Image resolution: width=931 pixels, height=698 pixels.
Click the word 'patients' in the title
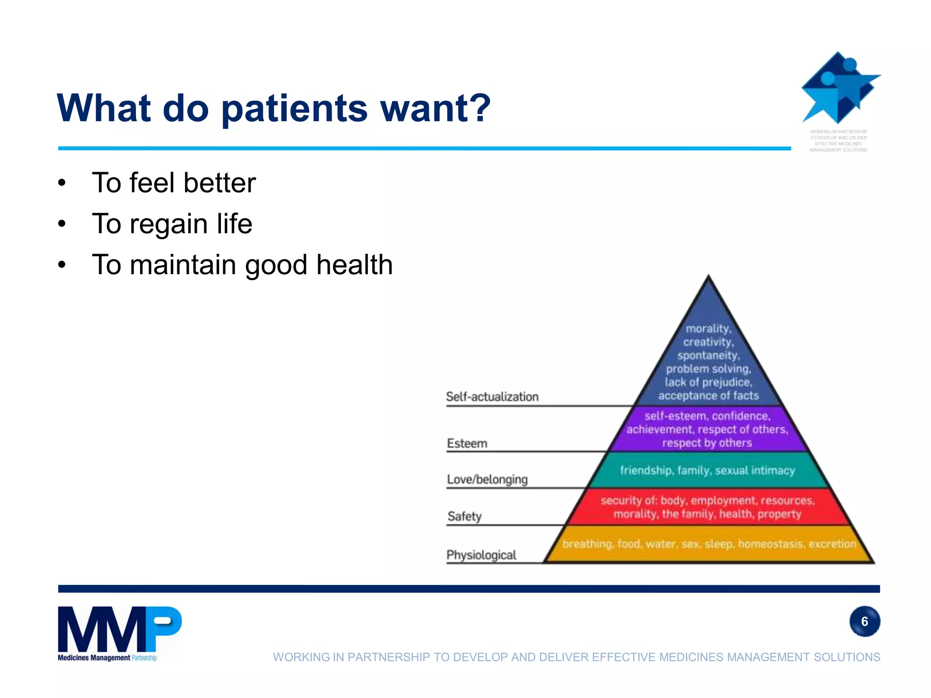click(x=294, y=109)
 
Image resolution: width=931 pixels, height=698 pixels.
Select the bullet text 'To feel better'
click(x=174, y=183)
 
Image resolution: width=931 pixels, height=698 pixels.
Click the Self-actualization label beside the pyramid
click(x=492, y=397)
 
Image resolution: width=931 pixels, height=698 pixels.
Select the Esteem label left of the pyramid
click(x=467, y=443)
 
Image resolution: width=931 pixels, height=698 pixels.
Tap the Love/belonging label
click(x=487, y=479)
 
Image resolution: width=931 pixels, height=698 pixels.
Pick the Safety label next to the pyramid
click(x=464, y=516)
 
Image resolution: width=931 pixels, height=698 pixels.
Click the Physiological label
click(x=481, y=555)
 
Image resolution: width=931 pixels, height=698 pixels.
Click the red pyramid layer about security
click(x=707, y=507)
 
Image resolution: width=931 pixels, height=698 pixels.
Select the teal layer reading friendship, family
click(x=707, y=470)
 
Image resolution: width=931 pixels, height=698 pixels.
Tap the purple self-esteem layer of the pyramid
click(x=707, y=429)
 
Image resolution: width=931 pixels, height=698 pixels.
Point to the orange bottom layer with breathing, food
click(x=708, y=544)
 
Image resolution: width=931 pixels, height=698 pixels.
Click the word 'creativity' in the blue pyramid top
click(x=707, y=342)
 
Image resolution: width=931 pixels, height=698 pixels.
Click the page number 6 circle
click(x=864, y=621)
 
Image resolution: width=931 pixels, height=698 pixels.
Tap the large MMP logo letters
click(x=119, y=629)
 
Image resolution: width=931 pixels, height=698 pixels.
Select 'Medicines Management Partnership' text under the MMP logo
click(x=107, y=658)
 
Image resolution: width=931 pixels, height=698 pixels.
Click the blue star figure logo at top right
click(x=839, y=88)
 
